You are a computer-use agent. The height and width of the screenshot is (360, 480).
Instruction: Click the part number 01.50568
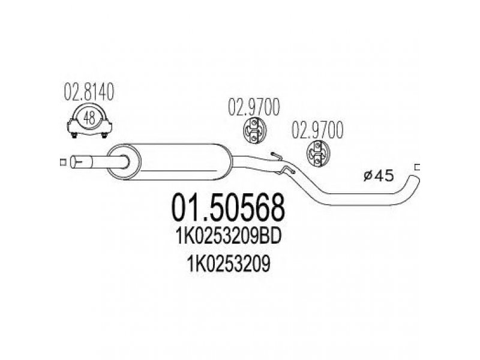click(228, 208)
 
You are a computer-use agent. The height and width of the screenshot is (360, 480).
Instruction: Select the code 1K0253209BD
click(229, 237)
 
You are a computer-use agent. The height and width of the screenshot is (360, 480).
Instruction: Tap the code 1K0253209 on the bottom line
click(229, 264)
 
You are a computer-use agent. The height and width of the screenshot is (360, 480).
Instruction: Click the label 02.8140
click(89, 92)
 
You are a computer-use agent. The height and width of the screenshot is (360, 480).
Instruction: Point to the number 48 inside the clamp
click(89, 118)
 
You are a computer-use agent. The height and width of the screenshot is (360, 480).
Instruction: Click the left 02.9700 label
click(254, 107)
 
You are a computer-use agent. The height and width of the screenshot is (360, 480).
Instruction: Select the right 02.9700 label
click(317, 130)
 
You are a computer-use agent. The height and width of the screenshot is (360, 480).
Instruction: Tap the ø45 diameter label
click(379, 176)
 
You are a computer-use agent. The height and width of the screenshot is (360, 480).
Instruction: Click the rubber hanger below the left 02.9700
click(255, 131)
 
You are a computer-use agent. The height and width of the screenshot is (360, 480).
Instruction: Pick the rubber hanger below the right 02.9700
click(319, 154)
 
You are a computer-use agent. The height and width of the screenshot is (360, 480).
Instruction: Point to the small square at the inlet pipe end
click(63, 162)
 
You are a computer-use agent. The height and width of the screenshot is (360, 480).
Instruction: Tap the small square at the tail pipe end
click(417, 167)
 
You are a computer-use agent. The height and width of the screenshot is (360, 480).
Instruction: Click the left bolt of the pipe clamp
click(74, 134)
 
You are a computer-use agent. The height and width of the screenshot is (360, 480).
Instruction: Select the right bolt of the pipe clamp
click(104, 134)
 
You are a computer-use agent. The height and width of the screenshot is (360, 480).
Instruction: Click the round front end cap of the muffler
click(124, 161)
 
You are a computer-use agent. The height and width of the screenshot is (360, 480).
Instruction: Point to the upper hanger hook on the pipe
click(276, 156)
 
